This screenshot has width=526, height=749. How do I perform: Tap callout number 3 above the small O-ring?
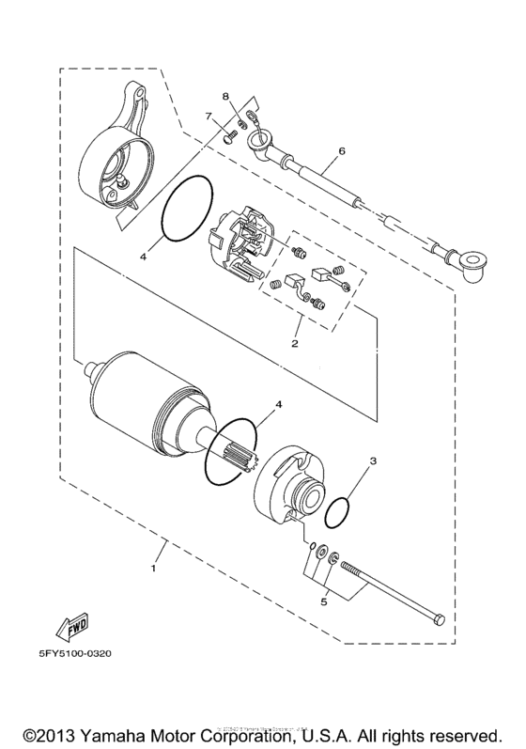373,461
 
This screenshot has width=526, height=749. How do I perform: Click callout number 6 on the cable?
342,150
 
